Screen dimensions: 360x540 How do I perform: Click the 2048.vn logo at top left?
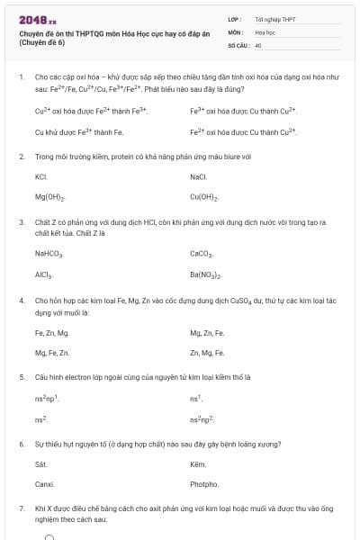pyautogui.click(x=36, y=19)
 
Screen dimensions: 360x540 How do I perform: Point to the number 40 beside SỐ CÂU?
pyautogui.click(x=259, y=44)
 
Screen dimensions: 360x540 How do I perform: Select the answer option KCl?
pyautogui.click(x=40, y=176)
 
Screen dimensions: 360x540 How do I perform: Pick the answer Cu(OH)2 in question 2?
pyautogui.click(x=203, y=196)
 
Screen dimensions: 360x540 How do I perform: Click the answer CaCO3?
pyautogui.click(x=202, y=255)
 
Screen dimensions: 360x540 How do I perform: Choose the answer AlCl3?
pyautogui.click(x=43, y=274)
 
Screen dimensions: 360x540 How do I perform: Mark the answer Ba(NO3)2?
pyautogui.click(x=206, y=274)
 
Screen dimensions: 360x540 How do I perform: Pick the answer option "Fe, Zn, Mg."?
pyautogui.click(x=51, y=333)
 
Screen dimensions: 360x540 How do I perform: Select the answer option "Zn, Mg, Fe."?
pyautogui.click(x=207, y=353)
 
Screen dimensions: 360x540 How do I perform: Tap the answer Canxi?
pyautogui.click(x=44, y=484)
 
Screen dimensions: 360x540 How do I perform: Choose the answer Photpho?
pyautogui.click(x=204, y=484)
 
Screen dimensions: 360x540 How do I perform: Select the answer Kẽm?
pyautogui.click(x=199, y=464)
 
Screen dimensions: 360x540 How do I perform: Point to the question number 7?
pyautogui.click(x=21, y=508)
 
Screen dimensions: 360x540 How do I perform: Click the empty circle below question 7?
pyautogui.click(x=50, y=537)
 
